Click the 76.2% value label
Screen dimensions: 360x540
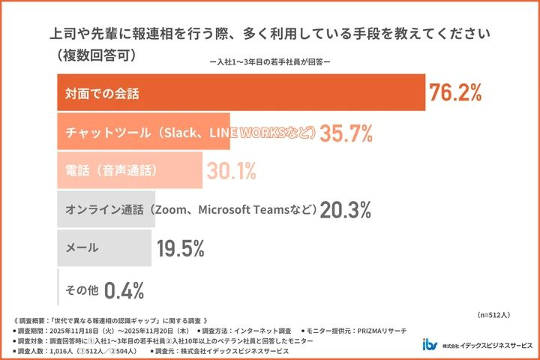pyautogui.click(x=454, y=93)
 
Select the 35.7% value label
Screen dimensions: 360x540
pyautogui.click(x=346, y=133)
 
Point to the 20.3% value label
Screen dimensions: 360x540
pyautogui.click(x=346, y=211)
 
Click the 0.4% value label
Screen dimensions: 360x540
pyautogui.click(x=124, y=289)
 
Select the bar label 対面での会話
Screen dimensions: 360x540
pyautogui.click(x=101, y=94)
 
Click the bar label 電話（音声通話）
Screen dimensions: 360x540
pyautogui.click(x=111, y=171)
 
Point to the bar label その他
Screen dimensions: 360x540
pyautogui.click(x=80, y=289)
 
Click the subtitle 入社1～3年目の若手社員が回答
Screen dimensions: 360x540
pyautogui.click(x=269, y=63)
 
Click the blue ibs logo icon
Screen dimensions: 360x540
pyautogui.click(x=430, y=345)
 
